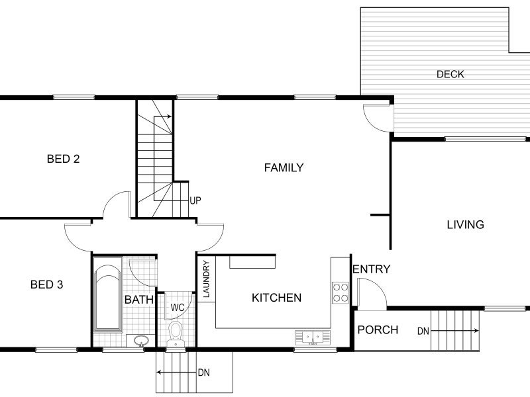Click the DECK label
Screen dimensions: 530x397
pos(450,74)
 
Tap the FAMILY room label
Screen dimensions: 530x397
pos(284,167)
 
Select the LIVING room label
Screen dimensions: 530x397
pos(466,224)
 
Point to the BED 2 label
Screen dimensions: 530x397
pos(63,159)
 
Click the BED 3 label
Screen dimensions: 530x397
pos(46,285)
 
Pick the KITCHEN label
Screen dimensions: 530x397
pos(276,298)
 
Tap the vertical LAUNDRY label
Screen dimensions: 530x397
pos(207,279)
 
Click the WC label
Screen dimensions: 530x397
pos(178,308)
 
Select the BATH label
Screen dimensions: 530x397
pos(139,300)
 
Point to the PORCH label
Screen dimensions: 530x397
pos(378,330)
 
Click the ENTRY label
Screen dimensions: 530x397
pos(371,269)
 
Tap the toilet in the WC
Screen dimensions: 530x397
pos(176,333)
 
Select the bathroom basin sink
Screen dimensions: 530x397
pos(141,340)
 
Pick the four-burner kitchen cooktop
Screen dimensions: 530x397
pos(341,292)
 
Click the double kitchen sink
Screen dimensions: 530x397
pos(313,337)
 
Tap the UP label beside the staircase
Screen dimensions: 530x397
pos(195,200)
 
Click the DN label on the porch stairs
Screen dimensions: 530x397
pos(423,331)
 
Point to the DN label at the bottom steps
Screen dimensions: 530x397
pos(204,373)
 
